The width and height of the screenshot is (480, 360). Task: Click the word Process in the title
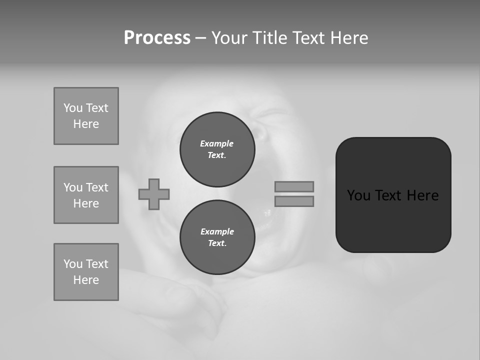[157, 38]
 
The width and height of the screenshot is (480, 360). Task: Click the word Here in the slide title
[348, 38]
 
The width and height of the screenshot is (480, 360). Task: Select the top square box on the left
[86, 116]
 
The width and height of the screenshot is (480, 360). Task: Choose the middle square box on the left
[86, 195]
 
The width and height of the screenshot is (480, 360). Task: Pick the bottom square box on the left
[86, 272]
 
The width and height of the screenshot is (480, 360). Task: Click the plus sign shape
[154, 194]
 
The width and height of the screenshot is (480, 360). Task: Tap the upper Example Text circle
[217, 149]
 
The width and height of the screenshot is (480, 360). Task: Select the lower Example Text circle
[217, 237]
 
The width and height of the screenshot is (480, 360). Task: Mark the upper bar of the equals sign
[294, 186]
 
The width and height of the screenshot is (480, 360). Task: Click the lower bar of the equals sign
[294, 201]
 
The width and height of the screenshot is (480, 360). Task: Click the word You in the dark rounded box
[359, 195]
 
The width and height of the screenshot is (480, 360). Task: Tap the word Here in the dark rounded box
[422, 195]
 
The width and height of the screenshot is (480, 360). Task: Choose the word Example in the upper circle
[216, 143]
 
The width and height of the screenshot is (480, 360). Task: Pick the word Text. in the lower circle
[217, 243]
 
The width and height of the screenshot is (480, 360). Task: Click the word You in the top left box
[73, 108]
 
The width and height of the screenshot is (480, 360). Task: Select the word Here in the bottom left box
[86, 280]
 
